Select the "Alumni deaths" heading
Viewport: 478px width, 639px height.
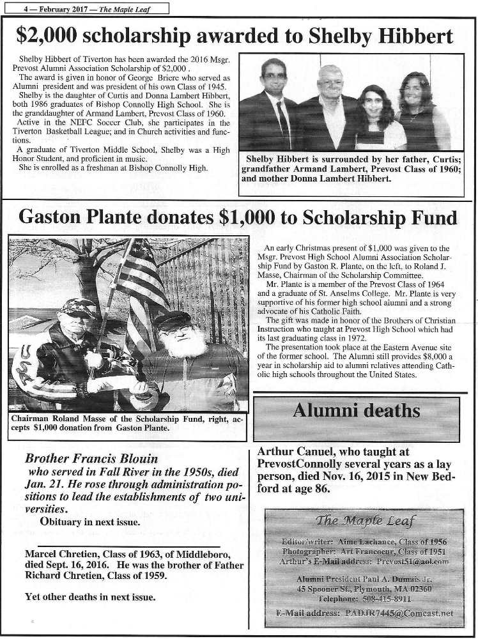point(356,410)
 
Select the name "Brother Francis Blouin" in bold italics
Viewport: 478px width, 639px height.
point(91,458)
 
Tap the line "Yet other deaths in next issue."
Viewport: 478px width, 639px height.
point(89,597)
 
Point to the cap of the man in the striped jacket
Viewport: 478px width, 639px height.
point(75,305)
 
